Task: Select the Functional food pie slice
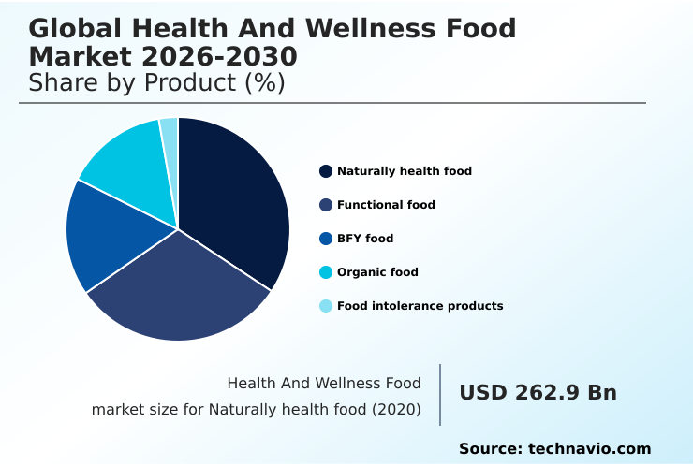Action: coord(178,290)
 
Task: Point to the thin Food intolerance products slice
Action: coord(170,136)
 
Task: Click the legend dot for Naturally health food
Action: coord(326,171)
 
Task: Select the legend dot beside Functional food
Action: coord(326,205)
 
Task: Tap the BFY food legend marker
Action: coord(326,239)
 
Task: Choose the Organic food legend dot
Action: coord(326,272)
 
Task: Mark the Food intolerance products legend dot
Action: coord(326,306)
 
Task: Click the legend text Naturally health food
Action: coord(405,171)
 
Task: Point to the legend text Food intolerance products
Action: coord(420,306)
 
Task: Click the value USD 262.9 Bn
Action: coord(538,393)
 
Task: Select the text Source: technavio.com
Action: coord(554,449)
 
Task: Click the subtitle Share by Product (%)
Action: coord(156,82)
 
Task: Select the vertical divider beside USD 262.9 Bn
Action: coord(440,395)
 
